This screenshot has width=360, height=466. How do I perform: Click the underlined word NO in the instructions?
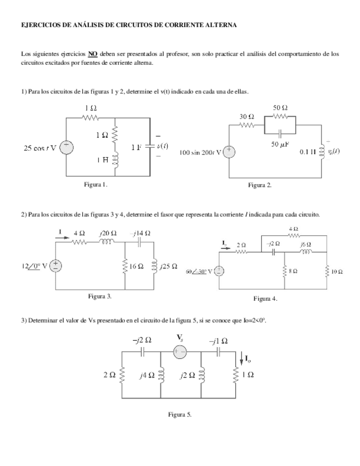(93, 54)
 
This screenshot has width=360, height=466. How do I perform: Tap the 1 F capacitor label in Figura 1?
(136, 147)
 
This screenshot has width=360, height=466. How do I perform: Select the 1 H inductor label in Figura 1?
(102, 160)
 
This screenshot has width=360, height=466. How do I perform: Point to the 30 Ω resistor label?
(247, 116)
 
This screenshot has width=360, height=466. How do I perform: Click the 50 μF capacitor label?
(280, 144)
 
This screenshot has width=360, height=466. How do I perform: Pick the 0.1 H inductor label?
(308, 152)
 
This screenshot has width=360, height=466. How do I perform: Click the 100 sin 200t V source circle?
(230, 152)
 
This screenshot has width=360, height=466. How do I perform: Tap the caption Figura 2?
(260, 185)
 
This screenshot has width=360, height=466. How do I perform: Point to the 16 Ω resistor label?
(136, 266)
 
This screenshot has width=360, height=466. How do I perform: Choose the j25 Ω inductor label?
(168, 266)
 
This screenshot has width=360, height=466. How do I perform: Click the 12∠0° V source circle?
(57, 266)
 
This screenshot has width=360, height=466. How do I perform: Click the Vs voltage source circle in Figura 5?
(180, 353)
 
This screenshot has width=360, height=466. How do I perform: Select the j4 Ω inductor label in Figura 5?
(146, 375)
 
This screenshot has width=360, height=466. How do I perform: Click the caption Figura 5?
(180, 414)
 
